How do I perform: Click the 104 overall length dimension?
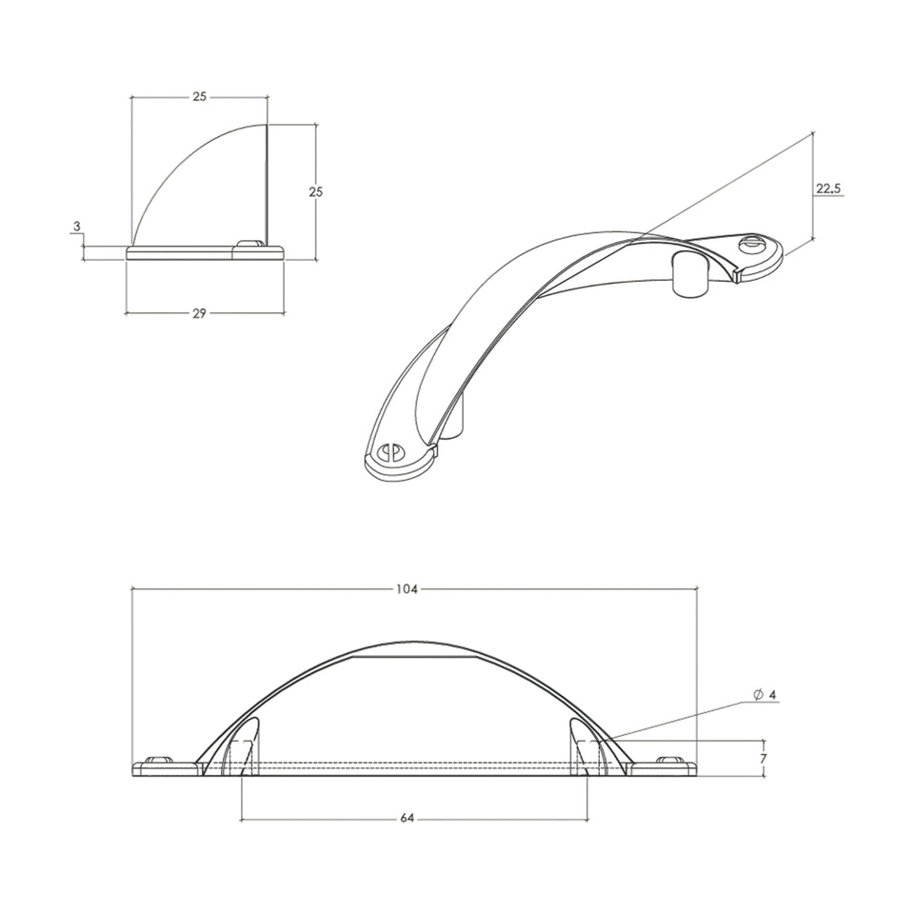tap(407, 589)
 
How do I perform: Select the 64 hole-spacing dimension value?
tap(407, 818)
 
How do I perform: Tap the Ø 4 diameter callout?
tap(765, 695)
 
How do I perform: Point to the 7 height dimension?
tap(763, 759)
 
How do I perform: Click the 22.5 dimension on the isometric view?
tap(828, 189)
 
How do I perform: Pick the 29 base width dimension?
tap(199, 313)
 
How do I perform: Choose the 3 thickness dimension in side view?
tap(76, 226)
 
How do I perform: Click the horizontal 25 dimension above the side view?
tap(199, 97)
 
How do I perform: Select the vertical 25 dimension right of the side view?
tap(315, 191)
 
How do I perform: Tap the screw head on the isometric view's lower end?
tap(389, 451)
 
